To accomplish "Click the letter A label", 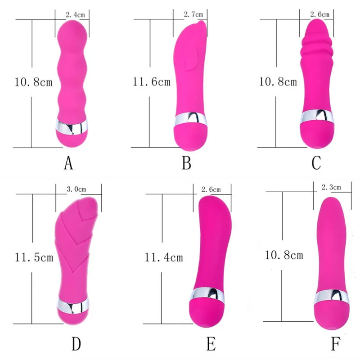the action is tap(68, 163).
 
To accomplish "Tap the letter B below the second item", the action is tap(187, 163).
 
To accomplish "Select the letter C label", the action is tap(316, 163).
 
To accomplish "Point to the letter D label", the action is tap(76, 344).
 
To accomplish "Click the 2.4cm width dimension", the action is tap(75, 15).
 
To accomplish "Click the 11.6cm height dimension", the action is tap(151, 82).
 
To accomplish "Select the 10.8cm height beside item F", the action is tap(283, 256).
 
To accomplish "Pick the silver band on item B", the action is tap(190, 119).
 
